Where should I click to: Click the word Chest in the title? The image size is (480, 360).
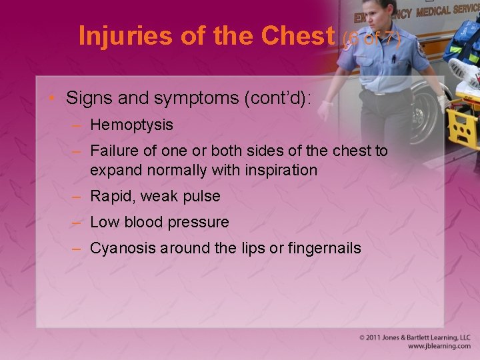[299, 36]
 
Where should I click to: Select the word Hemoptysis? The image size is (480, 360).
[131, 125]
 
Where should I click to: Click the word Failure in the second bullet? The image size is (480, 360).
[113, 151]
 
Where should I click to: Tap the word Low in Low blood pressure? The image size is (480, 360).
[103, 223]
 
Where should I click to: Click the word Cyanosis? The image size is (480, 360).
[119, 249]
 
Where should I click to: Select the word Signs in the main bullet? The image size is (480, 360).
[85, 99]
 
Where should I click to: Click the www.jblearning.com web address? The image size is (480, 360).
[439, 347]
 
